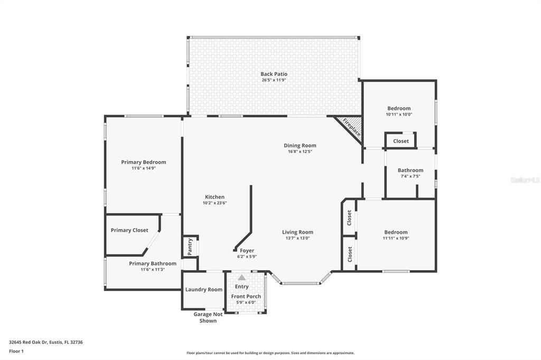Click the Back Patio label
(x=274, y=74)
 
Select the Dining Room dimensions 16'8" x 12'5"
(x=300, y=152)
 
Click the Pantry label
(x=189, y=246)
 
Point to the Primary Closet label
(x=129, y=230)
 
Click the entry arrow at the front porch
(x=241, y=278)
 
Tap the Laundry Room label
(x=203, y=289)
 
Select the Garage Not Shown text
(x=208, y=317)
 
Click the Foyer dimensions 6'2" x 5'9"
(x=247, y=257)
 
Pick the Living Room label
(x=297, y=232)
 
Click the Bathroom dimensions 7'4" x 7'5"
(x=410, y=176)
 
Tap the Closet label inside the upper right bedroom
(x=400, y=141)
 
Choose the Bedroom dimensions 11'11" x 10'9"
(x=396, y=238)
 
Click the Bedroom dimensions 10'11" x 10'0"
(x=398, y=114)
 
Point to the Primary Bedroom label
(x=143, y=162)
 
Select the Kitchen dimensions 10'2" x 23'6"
(x=214, y=203)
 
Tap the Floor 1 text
(x=16, y=351)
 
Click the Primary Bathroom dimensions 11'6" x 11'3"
(x=153, y=269)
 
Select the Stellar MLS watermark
(x=525, y=180)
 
